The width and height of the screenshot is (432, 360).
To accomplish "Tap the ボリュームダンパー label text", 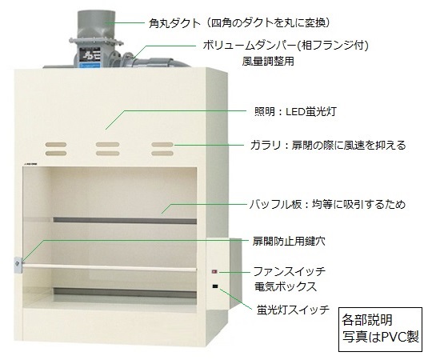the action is click(x=286, y=45).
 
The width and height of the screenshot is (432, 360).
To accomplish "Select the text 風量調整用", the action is click(x=268, y=61).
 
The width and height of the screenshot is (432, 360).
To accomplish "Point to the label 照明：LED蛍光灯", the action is click(x=295, y=111).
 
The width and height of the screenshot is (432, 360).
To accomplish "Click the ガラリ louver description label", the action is click(x=328, y=145).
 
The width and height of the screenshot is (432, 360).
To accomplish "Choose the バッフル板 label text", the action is click(x=327, y=204).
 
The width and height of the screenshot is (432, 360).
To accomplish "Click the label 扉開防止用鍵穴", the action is click(x=289, y=242).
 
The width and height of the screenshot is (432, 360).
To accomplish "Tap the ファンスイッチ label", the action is click(x=290, y=271).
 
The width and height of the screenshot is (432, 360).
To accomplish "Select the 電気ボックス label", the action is click(x=286, y=286).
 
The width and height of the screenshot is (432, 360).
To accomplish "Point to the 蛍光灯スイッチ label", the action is click(x=293, y=310).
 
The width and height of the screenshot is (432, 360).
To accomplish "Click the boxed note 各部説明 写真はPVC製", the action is click(x=380, y=330).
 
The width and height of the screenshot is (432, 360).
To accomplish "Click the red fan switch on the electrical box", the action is click(x=214, y=272).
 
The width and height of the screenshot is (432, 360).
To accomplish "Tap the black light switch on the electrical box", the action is click(x=215, y=286).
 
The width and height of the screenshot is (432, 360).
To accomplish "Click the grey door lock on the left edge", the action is click(x=18, y=265).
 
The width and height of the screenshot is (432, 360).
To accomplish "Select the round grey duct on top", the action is click(x=96, y=24).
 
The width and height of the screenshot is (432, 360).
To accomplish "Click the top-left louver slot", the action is click(x=56, y=144).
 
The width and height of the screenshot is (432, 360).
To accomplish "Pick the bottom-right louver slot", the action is click(x=162, y=153).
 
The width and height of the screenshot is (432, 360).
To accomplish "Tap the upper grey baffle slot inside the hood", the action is click(x=125, y=220).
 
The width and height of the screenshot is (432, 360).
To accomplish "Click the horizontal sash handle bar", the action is click(x=110, y=268).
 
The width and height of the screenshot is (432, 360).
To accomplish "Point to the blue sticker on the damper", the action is click(x=90, y=66).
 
